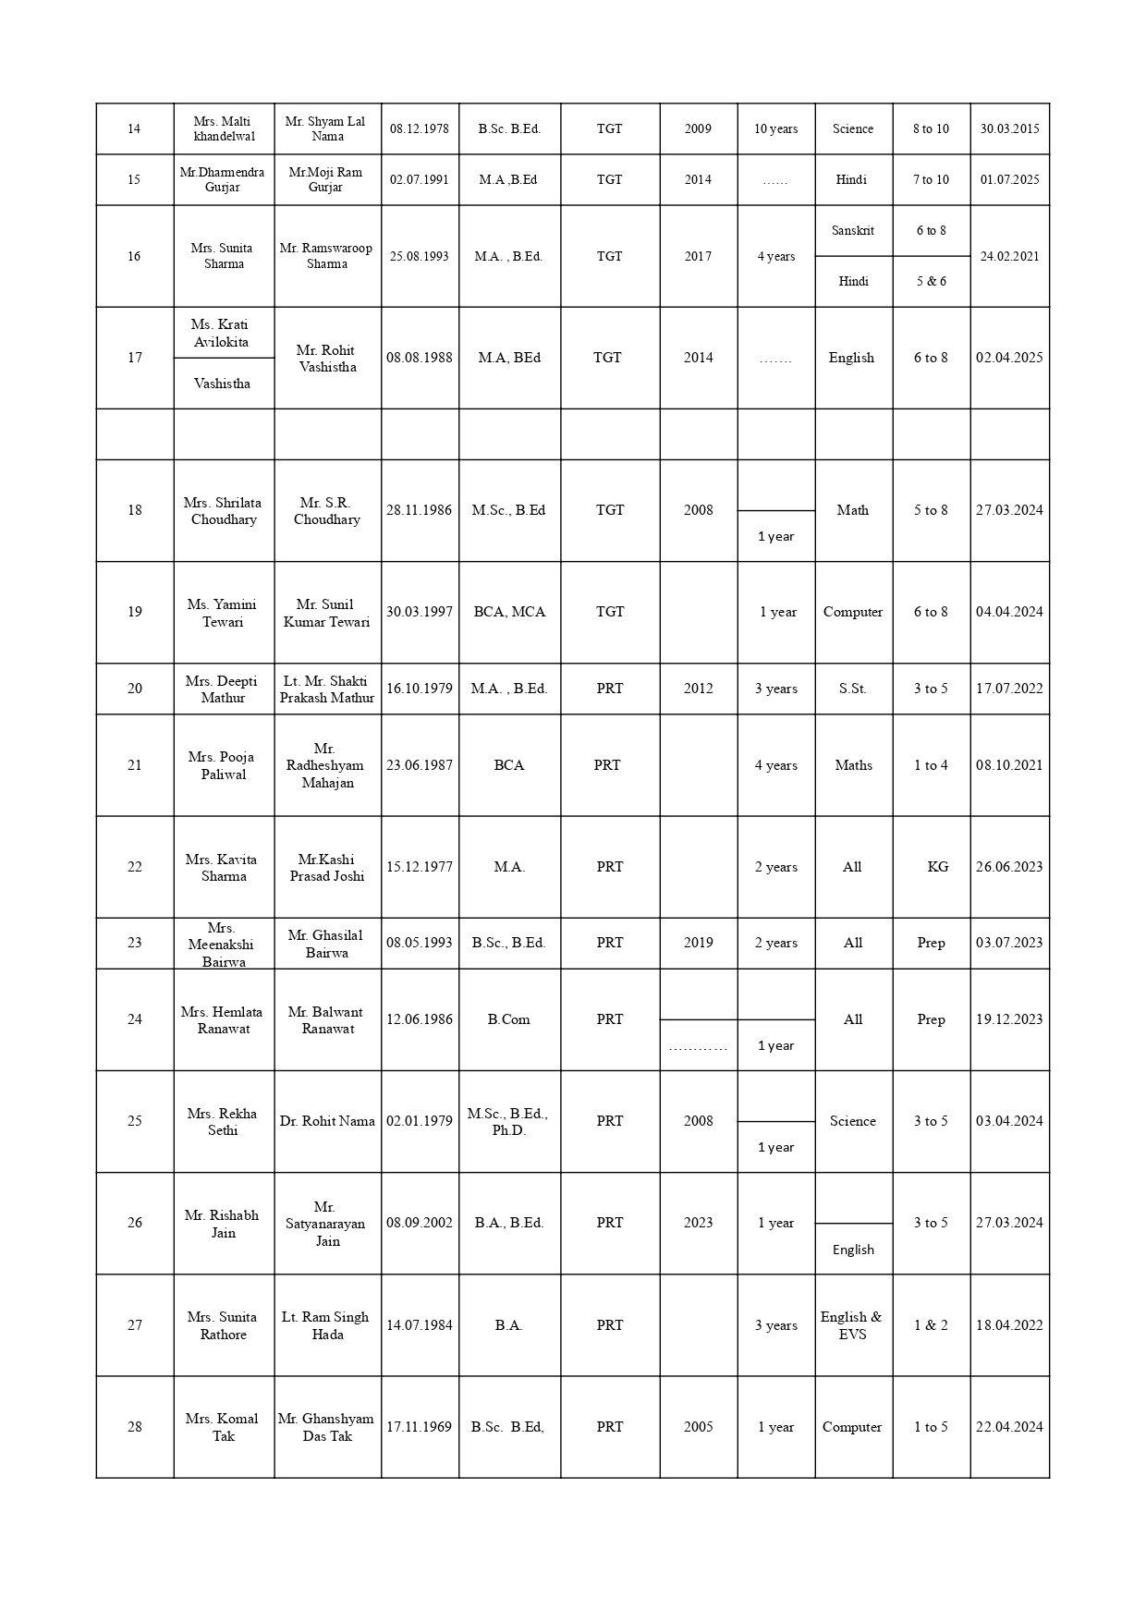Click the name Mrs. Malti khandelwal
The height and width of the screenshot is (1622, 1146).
tap(224, 128)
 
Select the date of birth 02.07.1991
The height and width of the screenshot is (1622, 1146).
tap(419, 179)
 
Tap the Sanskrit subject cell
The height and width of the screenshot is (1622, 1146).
tap(852, 230)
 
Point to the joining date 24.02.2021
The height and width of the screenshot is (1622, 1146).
tap(1009, 256)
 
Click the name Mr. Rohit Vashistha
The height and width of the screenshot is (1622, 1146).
tap(327, 358)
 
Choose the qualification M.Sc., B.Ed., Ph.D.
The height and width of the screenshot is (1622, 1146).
tap(508, 1121)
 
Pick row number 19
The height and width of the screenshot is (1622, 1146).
tap(135, 612)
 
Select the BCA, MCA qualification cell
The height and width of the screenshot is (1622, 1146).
tap(509, 612)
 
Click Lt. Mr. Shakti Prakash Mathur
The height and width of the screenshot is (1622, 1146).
tap(327, 689)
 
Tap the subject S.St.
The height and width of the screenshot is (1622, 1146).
tap(852, 689)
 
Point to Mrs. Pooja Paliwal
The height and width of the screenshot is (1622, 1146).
tap(223, 765)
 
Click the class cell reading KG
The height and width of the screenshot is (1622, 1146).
tap(937, 867)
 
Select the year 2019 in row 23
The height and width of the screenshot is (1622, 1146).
tap(698, 943)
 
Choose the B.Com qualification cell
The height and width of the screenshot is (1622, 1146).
tap(508, 1019)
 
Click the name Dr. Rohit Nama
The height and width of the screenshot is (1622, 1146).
tap(327, 1121)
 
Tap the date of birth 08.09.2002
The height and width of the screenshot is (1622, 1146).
tap(420, 1223)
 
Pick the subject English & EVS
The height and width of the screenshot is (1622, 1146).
tap(851, 1324)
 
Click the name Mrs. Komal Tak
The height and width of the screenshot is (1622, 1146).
tap(223, 1426)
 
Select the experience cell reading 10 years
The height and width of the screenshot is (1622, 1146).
tap(775, 128)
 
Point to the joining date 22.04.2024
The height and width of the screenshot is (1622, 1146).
tap(1009, 1426)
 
